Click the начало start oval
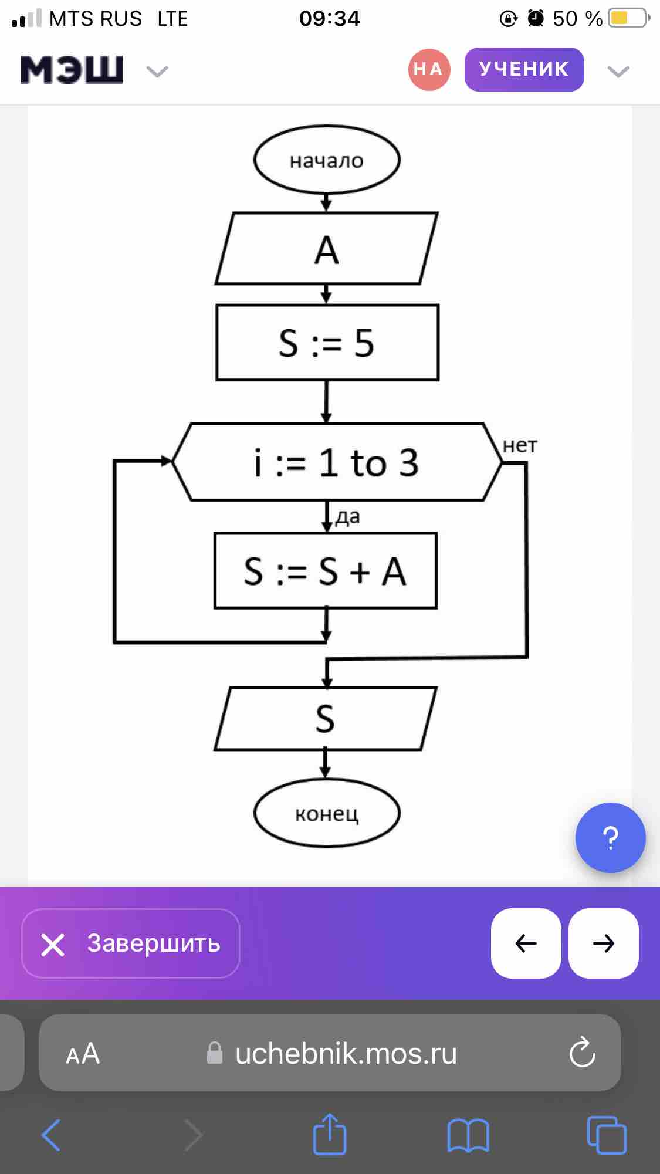327,160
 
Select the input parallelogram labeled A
327,249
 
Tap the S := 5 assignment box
327,343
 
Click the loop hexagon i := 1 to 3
337,462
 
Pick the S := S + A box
326,571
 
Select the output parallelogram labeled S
326,719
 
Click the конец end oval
327,813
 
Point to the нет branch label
520,445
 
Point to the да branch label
347,517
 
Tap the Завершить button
131,943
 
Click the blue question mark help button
610,838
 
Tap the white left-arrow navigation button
526,943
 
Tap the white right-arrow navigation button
604,943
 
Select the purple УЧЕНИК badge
524,69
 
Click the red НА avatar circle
429,69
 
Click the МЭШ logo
72,70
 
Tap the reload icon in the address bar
582,1053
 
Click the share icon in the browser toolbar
330,1134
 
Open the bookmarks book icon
468,1135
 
